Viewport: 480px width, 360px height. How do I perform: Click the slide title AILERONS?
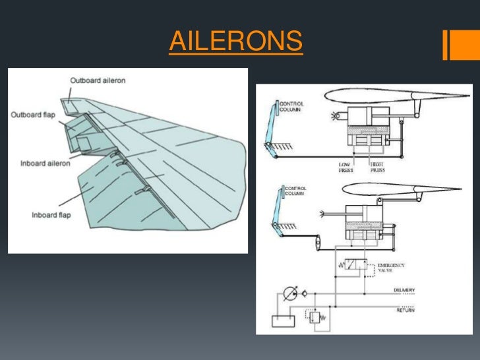pyautogui.click(x=235, y=42)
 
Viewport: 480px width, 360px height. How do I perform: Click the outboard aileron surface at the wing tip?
pyautogui.click(x=69, y=105)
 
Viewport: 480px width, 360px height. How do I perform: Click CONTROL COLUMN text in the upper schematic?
pyautogui.click(x=291, y=107)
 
